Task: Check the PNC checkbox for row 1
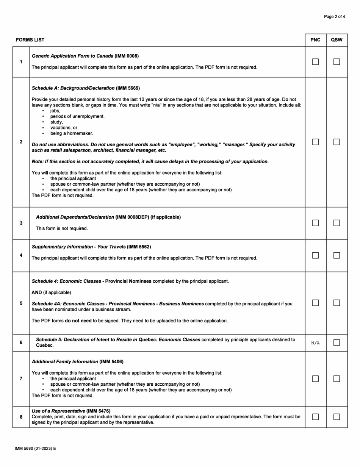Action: pos(315,62)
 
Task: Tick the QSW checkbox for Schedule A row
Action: pos(337,142)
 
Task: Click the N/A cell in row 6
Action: pos(315,343)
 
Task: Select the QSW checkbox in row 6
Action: pos(337,342)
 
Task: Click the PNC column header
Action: pos(315,40)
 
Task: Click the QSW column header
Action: pos(337,40)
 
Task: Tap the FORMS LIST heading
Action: pos(30,40)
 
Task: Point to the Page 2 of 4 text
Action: pos(334,17)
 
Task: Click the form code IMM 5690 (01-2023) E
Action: pos(35,449)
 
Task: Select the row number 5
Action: pos(21,303)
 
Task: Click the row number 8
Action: pos(21,417)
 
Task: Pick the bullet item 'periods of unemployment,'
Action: pos(77,116)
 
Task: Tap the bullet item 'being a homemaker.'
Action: pos(72,133)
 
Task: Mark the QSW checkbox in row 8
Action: pos(337,417)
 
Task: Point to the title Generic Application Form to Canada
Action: pos(73,56)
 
